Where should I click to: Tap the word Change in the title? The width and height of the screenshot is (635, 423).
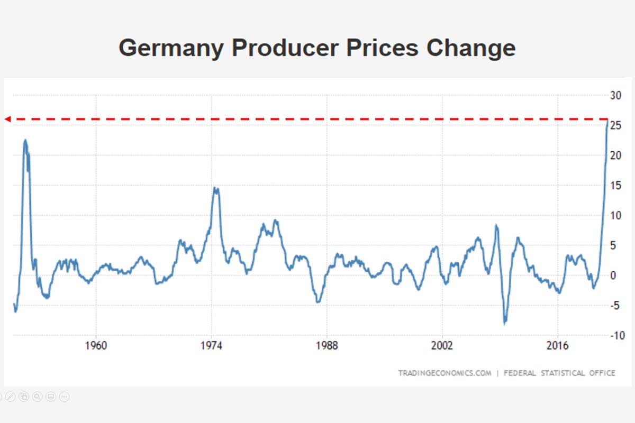[x=470, y=48]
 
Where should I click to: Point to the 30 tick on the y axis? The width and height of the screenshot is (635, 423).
[x=615, y=96]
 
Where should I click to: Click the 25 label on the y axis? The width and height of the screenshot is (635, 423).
[x=615, y=126]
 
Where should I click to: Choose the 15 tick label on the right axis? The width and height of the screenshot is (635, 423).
[x=615, y=186]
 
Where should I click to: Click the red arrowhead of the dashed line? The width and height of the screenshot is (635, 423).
[x=7, y=119]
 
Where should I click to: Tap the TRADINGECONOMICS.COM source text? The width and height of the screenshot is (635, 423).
[x=445, y=373]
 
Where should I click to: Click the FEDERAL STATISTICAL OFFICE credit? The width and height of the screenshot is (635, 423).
[x=559, y=373]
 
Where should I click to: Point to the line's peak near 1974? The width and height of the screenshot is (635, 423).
[x=215, y=188]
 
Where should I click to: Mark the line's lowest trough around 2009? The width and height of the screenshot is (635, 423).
[x=505, y=324]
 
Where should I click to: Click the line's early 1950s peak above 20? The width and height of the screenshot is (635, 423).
[x=25, y=140]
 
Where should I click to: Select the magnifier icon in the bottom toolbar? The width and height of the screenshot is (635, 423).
[x=37, y=396]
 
